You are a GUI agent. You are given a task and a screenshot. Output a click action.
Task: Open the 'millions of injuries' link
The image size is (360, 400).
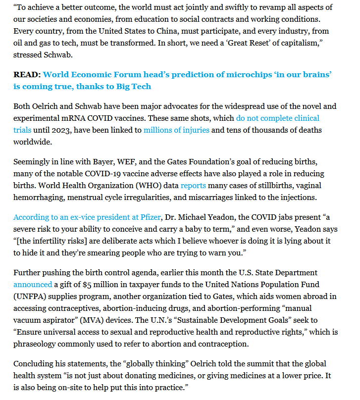tap(176, 130)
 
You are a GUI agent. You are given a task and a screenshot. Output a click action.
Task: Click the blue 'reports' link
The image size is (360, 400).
tap(193, 186)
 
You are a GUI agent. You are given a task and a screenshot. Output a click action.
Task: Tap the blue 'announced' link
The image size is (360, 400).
tap(33, 285)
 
